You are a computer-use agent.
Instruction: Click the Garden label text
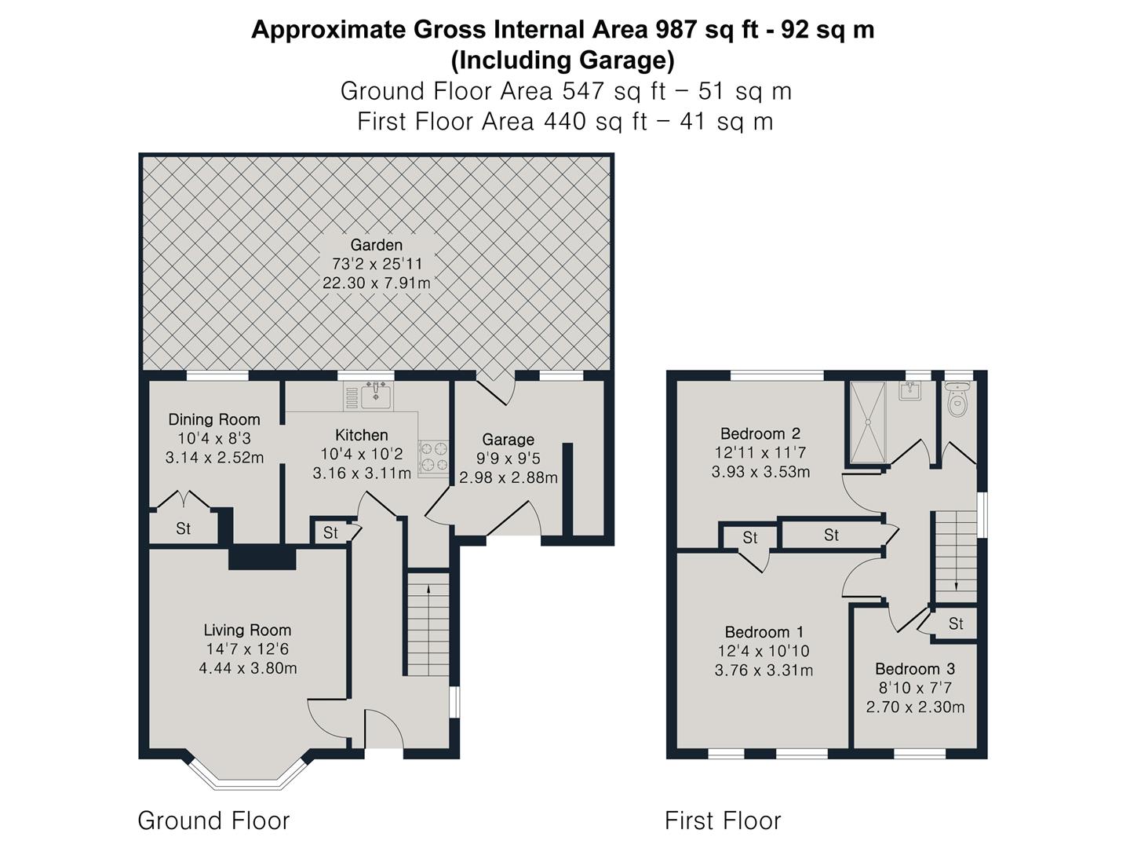[376, 245]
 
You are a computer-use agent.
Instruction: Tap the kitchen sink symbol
[376, 395]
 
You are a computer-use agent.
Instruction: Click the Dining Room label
[213, 419]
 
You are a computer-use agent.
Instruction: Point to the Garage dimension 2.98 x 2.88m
[508, 477]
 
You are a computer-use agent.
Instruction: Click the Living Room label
[247, 630]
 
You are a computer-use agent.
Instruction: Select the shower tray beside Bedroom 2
[868, 422]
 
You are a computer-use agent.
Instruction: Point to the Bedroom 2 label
[760, 433]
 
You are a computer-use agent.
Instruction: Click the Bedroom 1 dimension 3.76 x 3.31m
[763, 670]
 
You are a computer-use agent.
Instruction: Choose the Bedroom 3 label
[915, 669]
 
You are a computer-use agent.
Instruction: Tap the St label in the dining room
[183, 528]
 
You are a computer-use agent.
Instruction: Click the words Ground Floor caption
[213, 821]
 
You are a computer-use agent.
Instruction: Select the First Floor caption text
[722, 821]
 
